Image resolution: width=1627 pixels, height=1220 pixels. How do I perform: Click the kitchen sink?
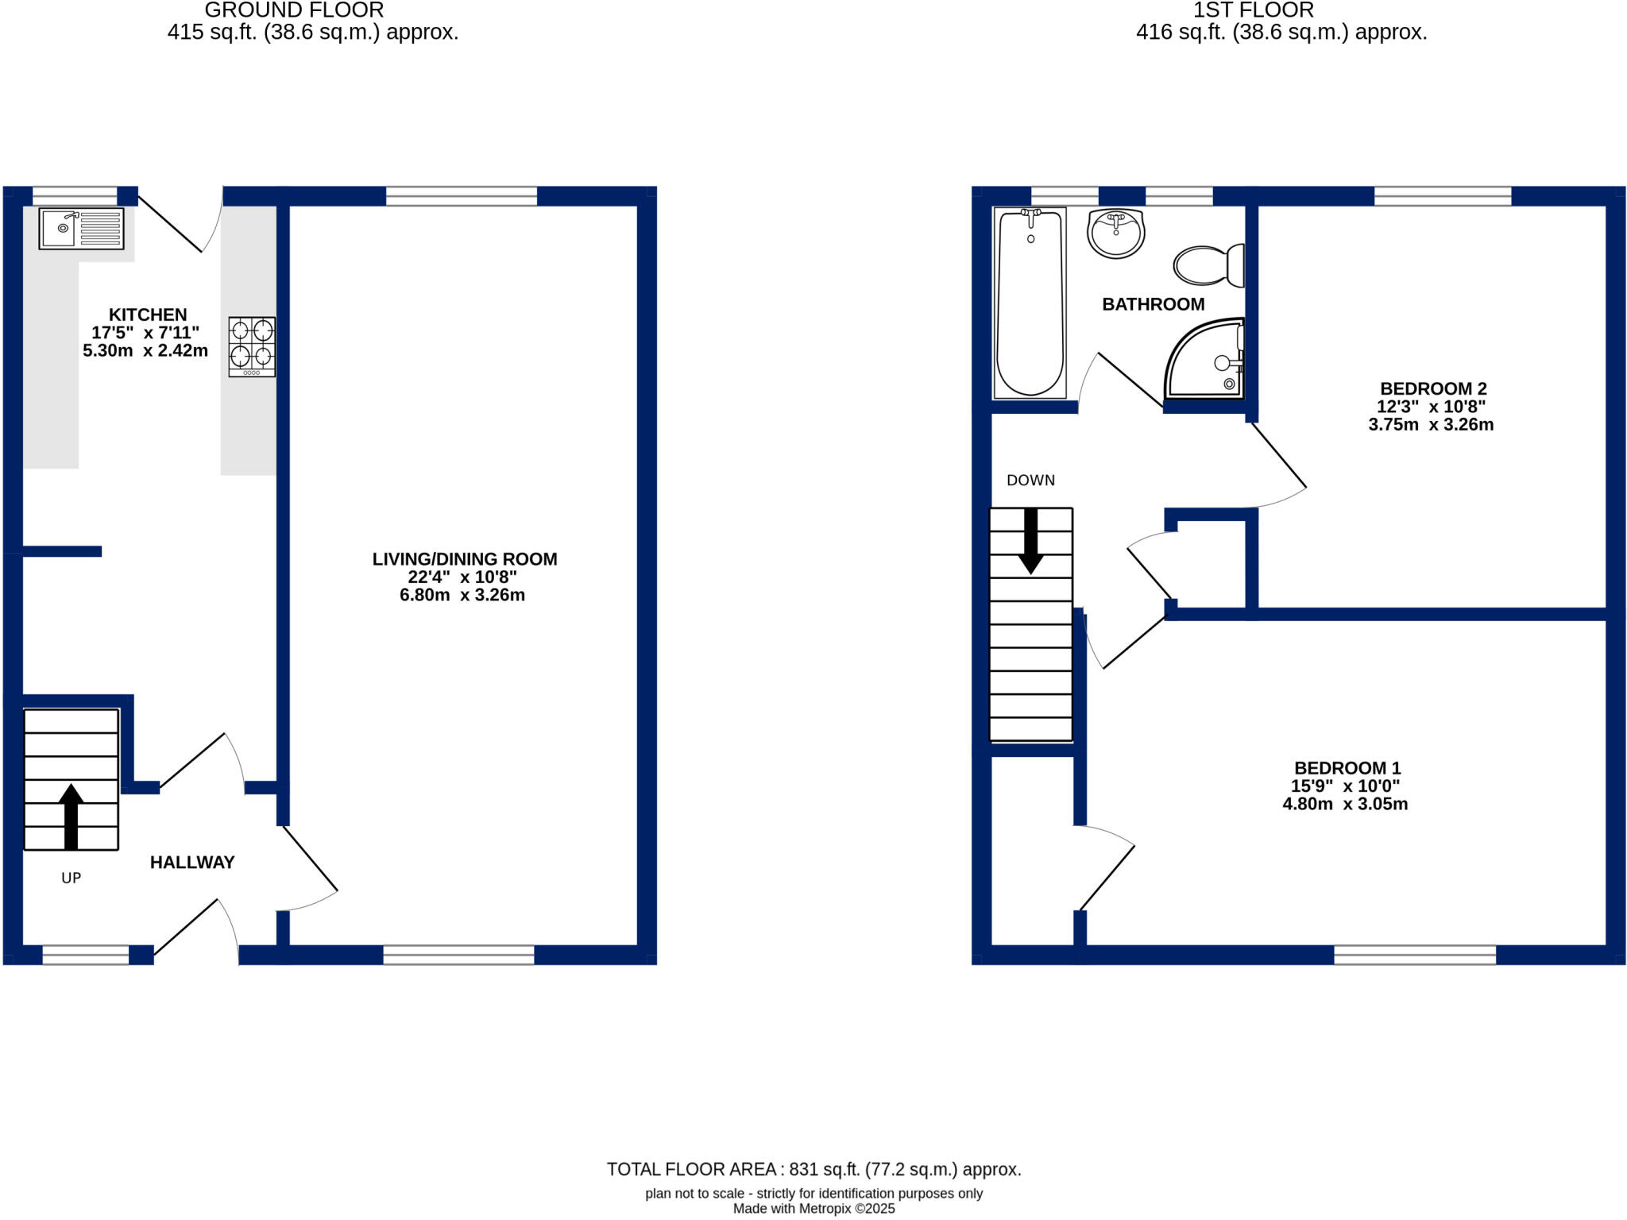pyautogui.click(x=81, y=229)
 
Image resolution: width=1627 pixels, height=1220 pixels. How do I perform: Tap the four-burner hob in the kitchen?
pyautogui.click(x=252, y=346)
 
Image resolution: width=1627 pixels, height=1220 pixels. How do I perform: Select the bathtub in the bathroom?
pyautogui.click(x=1030, y=302)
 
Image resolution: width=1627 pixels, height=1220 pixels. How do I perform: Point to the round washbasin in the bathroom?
pyautogui.click(x=1116, y=234)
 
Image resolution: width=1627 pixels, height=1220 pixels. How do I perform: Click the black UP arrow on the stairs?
pyautogui.click(x=71, y=817)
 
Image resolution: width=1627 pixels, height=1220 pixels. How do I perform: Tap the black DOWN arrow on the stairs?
pyautogui.click(x=1031, y=541)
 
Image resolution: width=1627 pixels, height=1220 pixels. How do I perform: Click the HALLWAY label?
pyautogui.click(x=192, y=863)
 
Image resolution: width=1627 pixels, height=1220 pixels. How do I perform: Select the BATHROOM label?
pyautogui.click(x=1153, y=304)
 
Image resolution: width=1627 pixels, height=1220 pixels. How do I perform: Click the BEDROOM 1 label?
pyautogui.click(x=1347, y=768)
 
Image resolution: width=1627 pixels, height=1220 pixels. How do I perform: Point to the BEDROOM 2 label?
pyautogui.click(x=1433, y=388)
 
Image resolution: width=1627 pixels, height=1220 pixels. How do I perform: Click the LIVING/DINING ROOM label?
pyautogui.click(x=465, y=559)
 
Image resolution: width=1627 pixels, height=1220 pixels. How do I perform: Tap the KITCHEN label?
pyautogui.click(x=148, y=315)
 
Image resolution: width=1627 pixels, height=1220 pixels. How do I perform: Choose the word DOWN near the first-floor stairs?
pyautogui.click(x=1030, y=481)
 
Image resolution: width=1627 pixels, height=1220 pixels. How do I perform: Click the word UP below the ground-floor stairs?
pyautogui.click(x=71, y=878)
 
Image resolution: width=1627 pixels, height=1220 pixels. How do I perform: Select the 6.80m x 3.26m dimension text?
pyautogui.click(x=462, y=595)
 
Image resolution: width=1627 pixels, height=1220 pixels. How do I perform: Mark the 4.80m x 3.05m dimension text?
pyautogui.click(x=1345, y=804)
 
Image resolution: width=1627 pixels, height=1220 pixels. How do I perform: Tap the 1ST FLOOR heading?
pyautogui.click(x=1254, y=10)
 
